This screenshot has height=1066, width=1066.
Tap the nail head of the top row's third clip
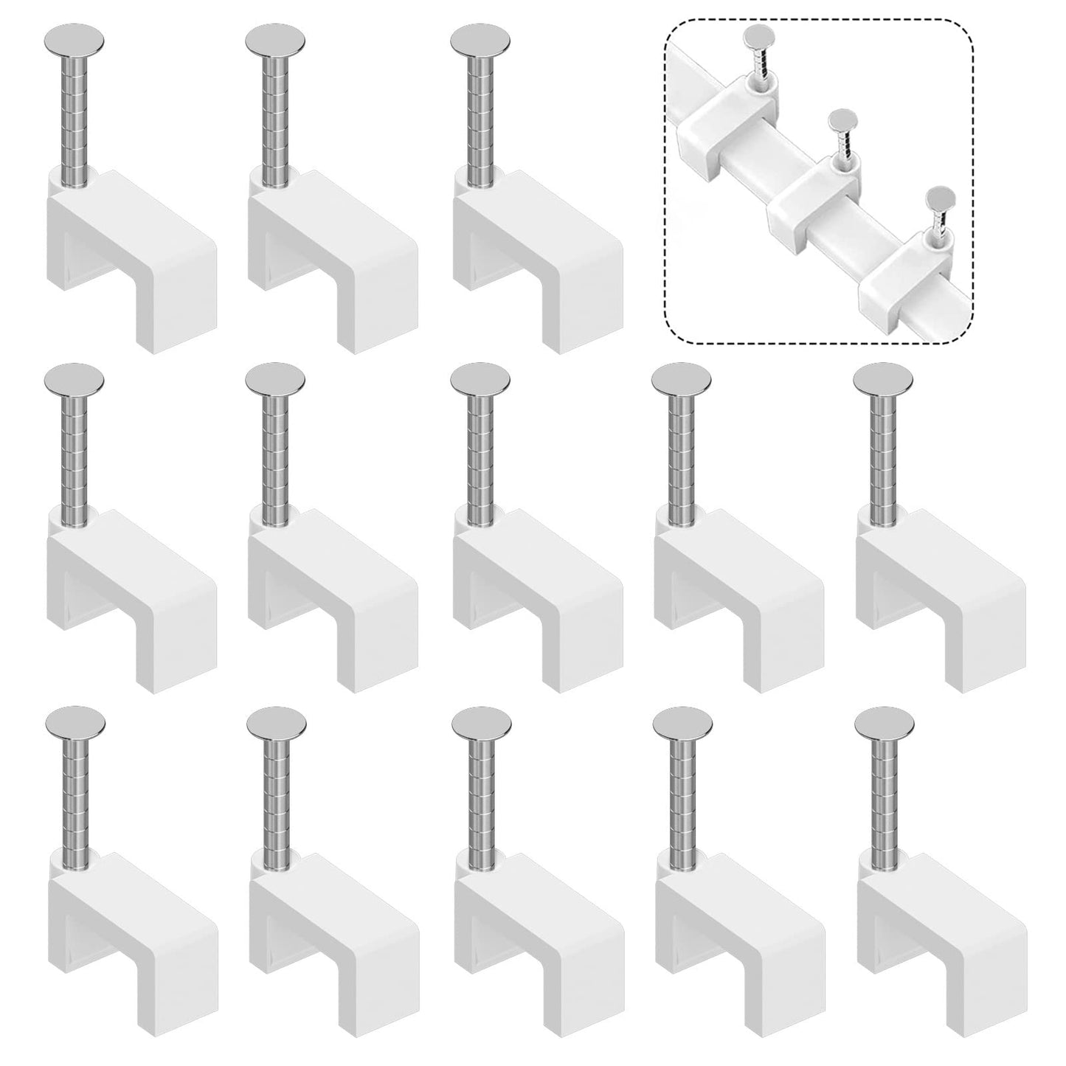480,40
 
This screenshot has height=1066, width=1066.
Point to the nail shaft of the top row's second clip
274,118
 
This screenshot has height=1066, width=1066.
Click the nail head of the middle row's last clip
883,379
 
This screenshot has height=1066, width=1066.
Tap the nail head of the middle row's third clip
480,379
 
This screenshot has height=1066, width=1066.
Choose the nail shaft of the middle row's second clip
274,457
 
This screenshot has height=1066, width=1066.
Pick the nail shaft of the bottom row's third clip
480,797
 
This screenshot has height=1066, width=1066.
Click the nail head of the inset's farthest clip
755,35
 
